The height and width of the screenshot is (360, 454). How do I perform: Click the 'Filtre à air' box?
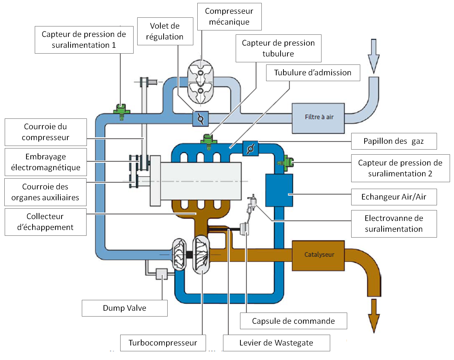click(x=318, y=118)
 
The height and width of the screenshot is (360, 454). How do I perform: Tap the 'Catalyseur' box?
click(x=318, y=255)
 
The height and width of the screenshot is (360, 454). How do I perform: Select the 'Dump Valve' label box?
click(x=125, y=308)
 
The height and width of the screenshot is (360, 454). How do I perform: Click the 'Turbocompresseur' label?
click(x=163, y=343)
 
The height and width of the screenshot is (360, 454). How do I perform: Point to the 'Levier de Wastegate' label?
click(x=276, y=343)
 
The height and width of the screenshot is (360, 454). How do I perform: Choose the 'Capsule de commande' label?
click(x=293, y=321)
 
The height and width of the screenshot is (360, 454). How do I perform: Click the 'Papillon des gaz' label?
click(x=394, y=141)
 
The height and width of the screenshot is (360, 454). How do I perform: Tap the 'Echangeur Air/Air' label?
click(x=394, y=197)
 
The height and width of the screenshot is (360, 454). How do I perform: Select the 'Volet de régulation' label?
click(x=165, y=32)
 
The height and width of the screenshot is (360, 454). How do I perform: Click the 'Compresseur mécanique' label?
click(x=229, y=17)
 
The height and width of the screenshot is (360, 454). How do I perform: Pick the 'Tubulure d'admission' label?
click(x=313, y=72)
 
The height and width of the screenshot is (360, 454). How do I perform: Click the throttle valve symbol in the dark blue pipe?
click(x=250, y=148)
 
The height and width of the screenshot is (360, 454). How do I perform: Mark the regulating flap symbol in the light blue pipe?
click(x=201, y=118)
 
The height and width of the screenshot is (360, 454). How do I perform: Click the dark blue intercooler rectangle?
click(x=279, y=190)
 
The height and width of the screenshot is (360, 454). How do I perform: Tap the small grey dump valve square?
click(x=161, y=274)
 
